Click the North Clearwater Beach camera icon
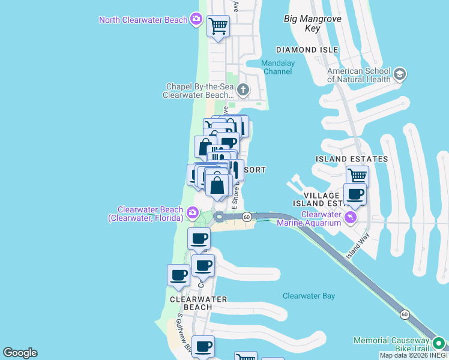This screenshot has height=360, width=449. point(196,20)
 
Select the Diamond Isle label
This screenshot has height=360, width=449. point(307,50)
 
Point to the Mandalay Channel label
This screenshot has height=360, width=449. point(277,67)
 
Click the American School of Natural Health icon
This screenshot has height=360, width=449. point(400,74)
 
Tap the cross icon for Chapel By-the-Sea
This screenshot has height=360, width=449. point(243,91)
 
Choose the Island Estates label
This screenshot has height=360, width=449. point(352,159)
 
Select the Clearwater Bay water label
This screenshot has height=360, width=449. point(309,296)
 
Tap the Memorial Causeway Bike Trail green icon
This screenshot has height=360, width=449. point(439,344)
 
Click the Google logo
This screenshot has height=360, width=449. point(20,353)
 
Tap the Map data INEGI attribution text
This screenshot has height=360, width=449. point(414,355)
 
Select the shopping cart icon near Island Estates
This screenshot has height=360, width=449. point(357,176)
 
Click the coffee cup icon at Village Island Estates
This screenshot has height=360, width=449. point(355,194)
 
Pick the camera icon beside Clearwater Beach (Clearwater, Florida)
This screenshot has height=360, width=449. point(193,212)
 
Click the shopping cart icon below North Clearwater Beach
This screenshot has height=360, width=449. point(218,26)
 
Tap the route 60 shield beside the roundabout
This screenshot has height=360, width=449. point(247,217)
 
